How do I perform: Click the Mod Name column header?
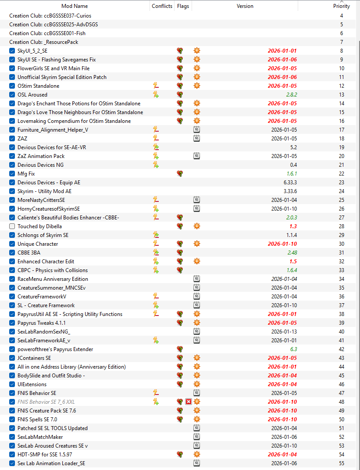tap(75, 6)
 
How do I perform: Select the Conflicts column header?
tap(162, 6)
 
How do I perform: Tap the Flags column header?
tap(183, 6)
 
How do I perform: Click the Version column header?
tap(245, 6)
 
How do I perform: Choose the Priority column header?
tap(342, 6)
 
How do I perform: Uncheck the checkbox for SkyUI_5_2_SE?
tap(12, 50)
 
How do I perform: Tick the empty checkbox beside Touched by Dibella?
tap(12, 226)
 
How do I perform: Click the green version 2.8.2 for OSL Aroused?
tap(292, 95)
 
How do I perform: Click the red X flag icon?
tap(189, 402)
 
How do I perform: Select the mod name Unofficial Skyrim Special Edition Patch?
tap(62, 77)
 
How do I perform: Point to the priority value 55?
tap(342, 463)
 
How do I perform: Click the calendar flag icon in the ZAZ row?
tap(196, 139)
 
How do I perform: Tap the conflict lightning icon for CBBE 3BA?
tap(156, 252)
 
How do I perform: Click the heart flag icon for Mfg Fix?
tap(180, 173)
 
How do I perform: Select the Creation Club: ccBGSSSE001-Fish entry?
tap(47, 33)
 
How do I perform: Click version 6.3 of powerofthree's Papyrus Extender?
tap(293, 349)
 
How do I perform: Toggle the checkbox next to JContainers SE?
tap(12, 358)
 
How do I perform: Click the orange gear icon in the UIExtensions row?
tap(197, 384)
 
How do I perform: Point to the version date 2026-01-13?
tap(284, 331)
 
